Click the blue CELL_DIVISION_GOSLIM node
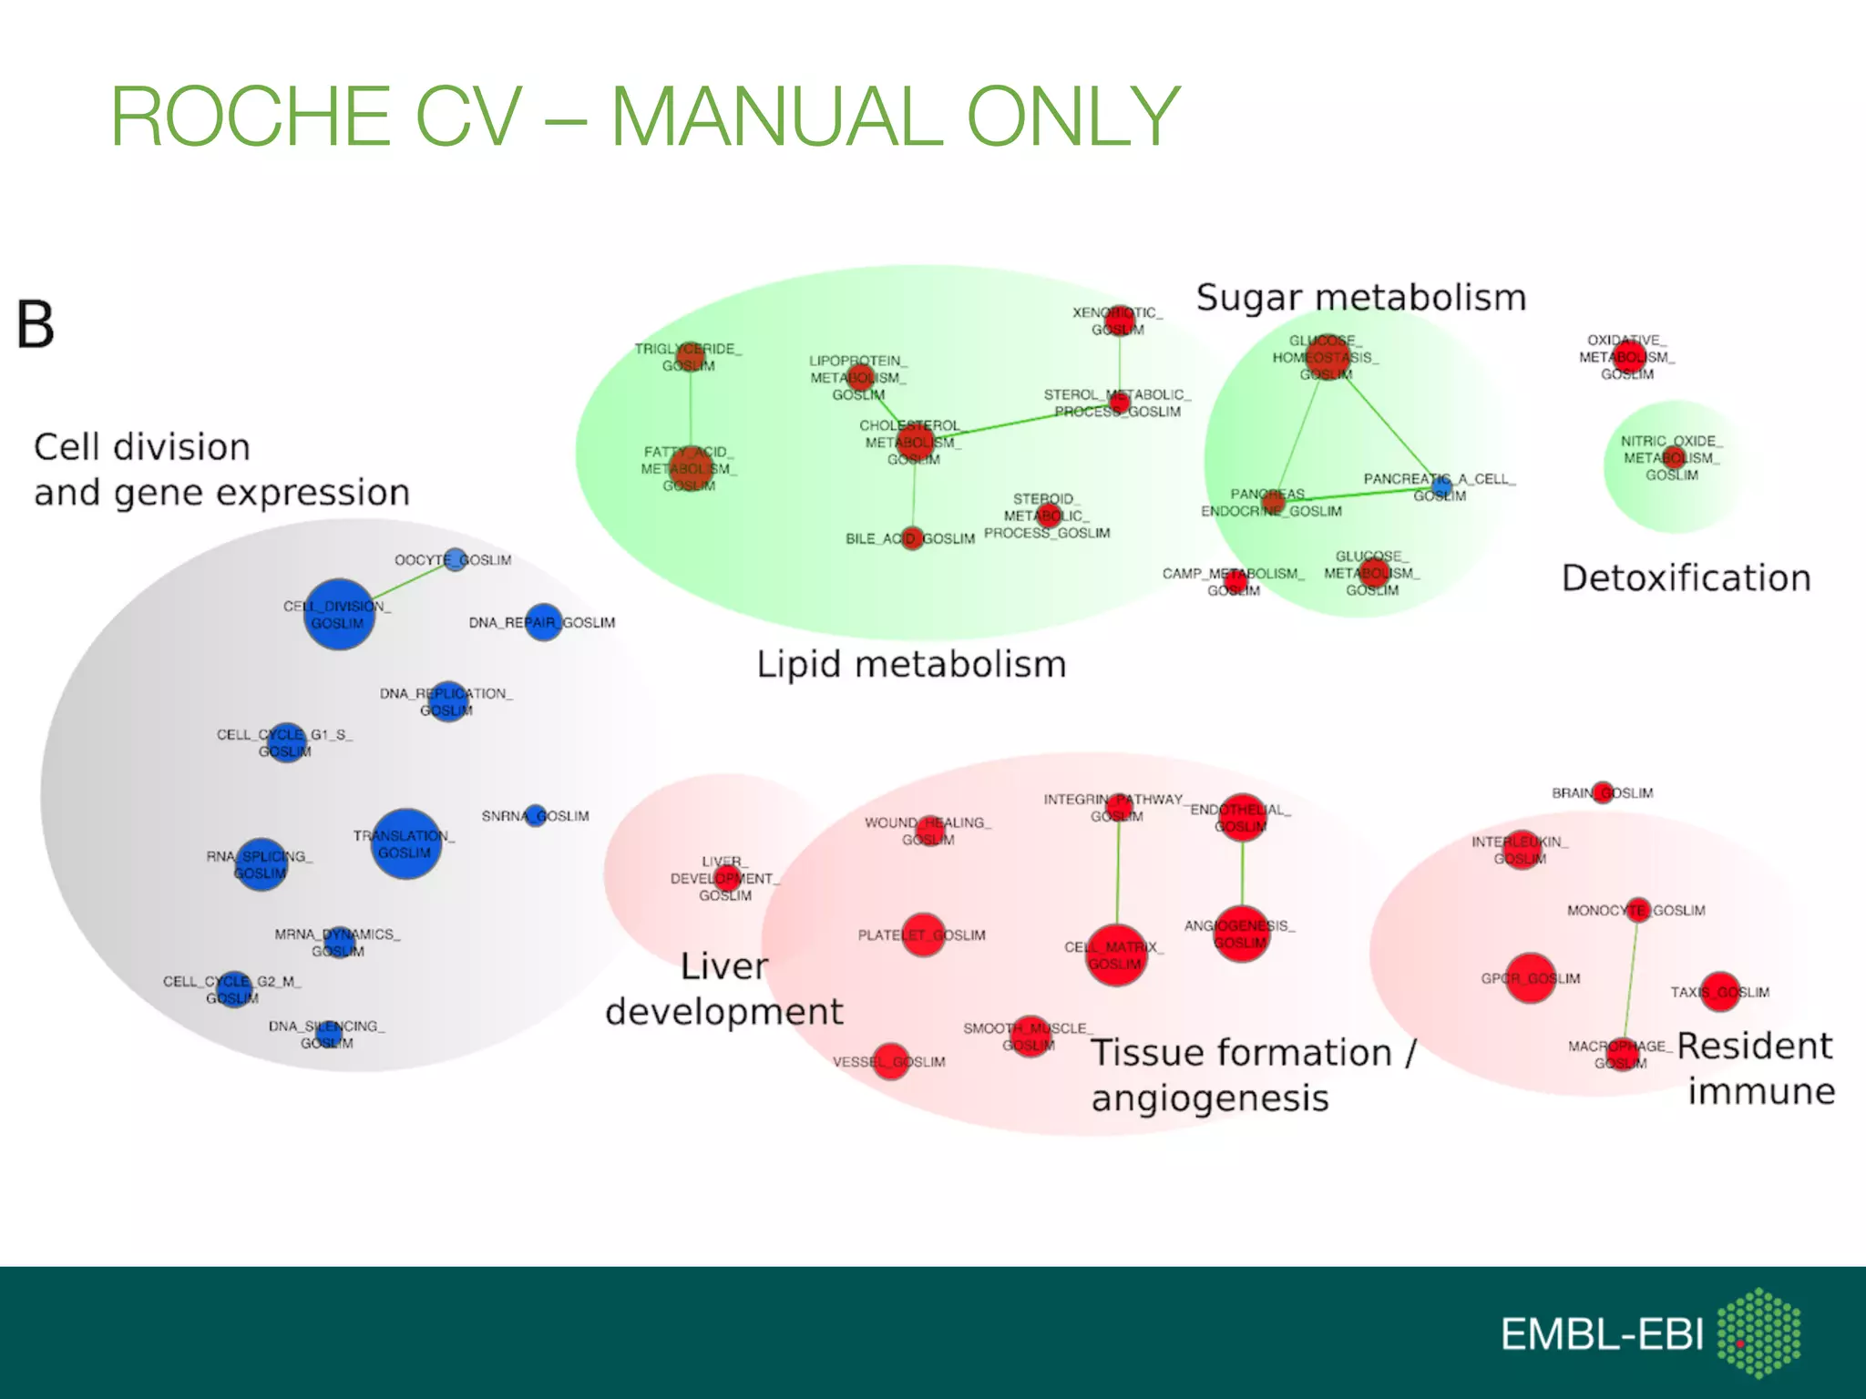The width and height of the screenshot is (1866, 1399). click(x=339, y=614)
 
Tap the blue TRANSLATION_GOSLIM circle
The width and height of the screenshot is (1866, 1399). click(x=406, y=843)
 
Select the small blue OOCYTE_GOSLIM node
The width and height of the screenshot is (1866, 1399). click(x=456, y=559)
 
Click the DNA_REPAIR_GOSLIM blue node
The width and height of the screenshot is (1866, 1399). click(x=544, y=622)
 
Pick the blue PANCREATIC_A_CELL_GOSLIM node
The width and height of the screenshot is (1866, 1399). click(x=1441, y=488)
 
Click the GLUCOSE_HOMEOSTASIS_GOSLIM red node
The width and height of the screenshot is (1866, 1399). click(x=1328, y=357)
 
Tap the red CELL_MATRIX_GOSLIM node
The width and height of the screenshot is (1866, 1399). click(x=1116, y=955)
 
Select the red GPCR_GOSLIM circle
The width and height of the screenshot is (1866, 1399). click(x=1531, y=978)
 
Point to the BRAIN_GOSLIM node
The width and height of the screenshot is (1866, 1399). click(x=1604, y=792)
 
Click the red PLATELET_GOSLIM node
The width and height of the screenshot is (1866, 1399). click(x=923, y=935)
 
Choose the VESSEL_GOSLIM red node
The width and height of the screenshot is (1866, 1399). click(x=890, y=1061)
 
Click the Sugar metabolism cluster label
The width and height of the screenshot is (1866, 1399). click(x=1360, y=299)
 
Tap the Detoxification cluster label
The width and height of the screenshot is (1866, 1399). click(x=1686, y=578)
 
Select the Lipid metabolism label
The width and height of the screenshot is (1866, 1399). click(x=911, y=664)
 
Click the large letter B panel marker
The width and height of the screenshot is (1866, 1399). click(x=36, y=325)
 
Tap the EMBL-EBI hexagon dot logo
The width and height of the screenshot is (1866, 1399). click(x=1758, y=1332)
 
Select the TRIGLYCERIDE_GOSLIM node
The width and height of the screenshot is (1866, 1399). click(x=691, y=356)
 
